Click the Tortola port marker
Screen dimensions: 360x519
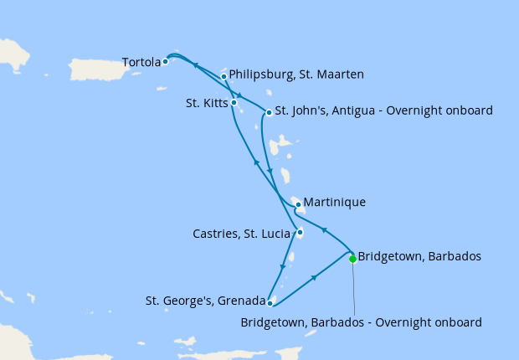[x=166, y=61]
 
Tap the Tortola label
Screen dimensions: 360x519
[x=140, y=62]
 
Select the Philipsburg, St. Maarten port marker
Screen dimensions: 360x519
[x=224, y=77]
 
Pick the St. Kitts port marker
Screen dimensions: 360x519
[x=234, y=103]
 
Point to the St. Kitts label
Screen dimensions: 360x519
[x=206, y=104]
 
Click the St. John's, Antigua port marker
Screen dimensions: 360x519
[x=268, y=112]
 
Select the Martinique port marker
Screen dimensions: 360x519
[x=297, y=203]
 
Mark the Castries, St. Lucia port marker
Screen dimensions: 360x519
[x=299, y=233]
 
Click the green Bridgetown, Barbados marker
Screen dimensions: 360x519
[x=352, y=259]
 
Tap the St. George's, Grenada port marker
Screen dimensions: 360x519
[x=270, y=302]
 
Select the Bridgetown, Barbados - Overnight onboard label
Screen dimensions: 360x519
[x=361, y=321]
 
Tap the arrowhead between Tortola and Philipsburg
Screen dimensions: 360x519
[x=195, y=65]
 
